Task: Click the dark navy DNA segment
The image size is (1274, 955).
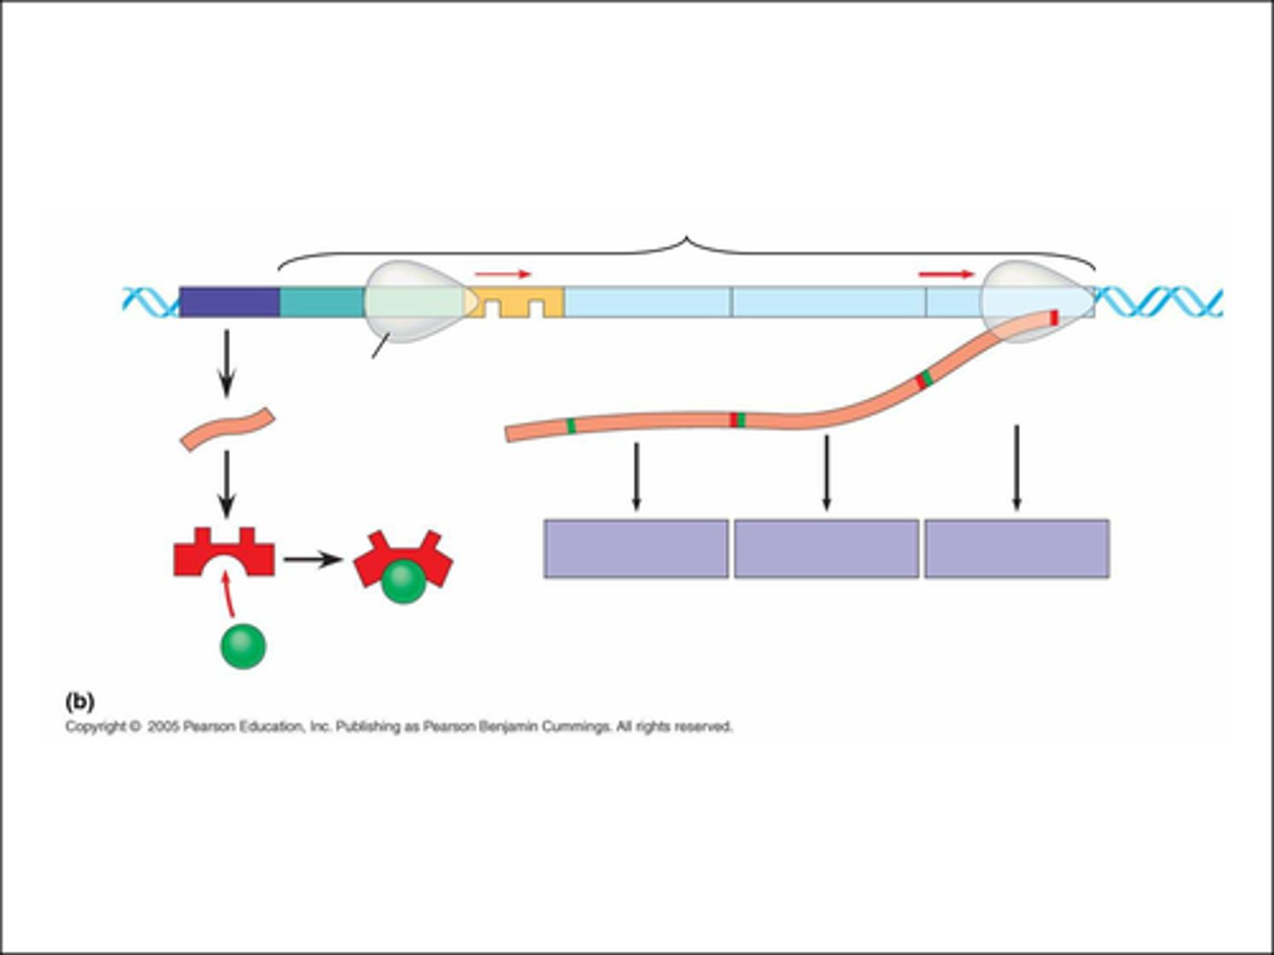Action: (x=229, y=302)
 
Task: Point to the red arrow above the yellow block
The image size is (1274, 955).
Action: (x=503, y=274)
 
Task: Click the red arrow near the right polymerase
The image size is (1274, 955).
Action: (x=946, y=274)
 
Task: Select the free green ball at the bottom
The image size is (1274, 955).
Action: (x=242, y=646)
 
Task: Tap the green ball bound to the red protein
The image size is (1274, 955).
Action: (x=403, y=581)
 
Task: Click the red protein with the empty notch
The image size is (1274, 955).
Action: (x=224, y=555)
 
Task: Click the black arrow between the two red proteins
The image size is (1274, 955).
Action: (x=312, y=560)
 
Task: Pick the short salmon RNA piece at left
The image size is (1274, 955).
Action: (x=227, y=429)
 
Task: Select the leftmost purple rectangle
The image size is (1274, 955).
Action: (x=635, y=549)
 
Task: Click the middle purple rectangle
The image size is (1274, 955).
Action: (x=826, y=549)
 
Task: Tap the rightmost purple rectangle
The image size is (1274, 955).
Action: (x=1017, y=549)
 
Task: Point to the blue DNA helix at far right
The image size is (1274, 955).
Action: (x=1159, y=302)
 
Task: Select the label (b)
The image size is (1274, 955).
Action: (x=80, y=701)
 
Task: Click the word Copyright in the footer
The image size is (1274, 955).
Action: (x=96, y=727)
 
